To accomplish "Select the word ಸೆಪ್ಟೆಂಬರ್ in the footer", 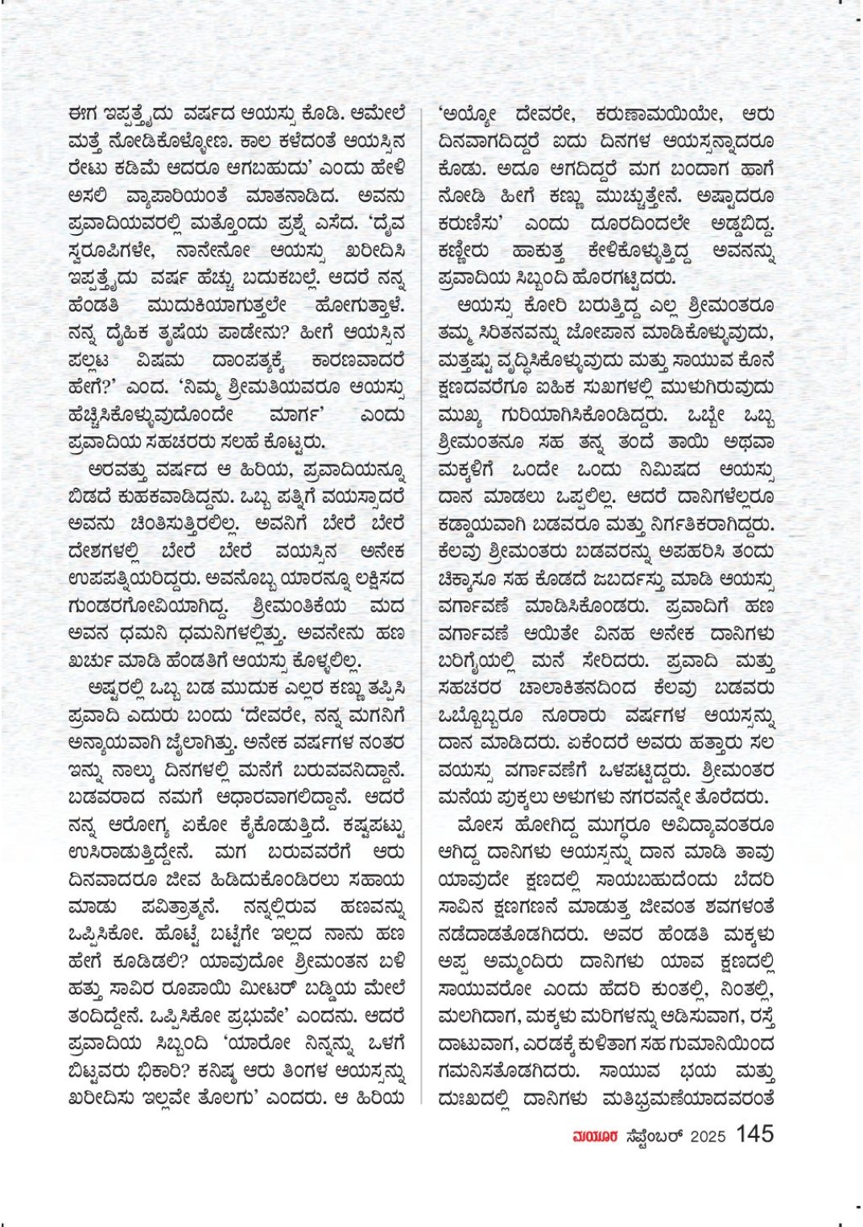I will [653, 1135].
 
